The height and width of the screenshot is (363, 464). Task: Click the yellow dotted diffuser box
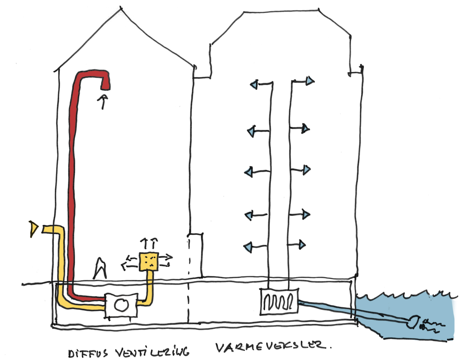click(x=148, y=261)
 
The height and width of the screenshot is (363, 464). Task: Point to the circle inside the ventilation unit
click(x=121, y=305)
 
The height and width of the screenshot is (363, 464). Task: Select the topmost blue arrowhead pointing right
click(x=310, y=81)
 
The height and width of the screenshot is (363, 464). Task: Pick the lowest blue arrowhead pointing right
click(x=302, y=244)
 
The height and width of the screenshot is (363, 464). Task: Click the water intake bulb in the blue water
click(x=413, y=320)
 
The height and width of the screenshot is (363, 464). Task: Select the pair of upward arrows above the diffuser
click(x=149, y=243)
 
